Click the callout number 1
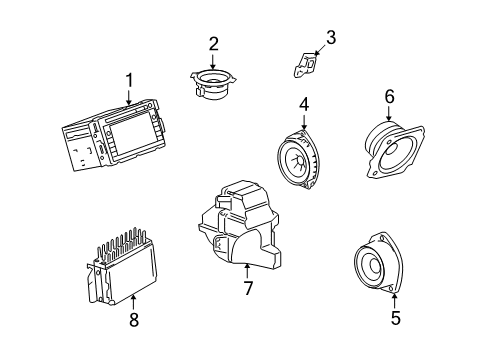pyautogui.click(x=128, y=80)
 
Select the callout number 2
pyautogui.click(x=213, y=44)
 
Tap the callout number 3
pyautogui.click(x=331, y=39)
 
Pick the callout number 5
pyautogui.click(x=395, y=318)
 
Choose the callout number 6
pyautogui.click(x=389, y=96)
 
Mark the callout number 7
pyautogui.click(x=246, y=288)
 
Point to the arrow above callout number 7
pyautogui.click(x=246, y=268)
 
